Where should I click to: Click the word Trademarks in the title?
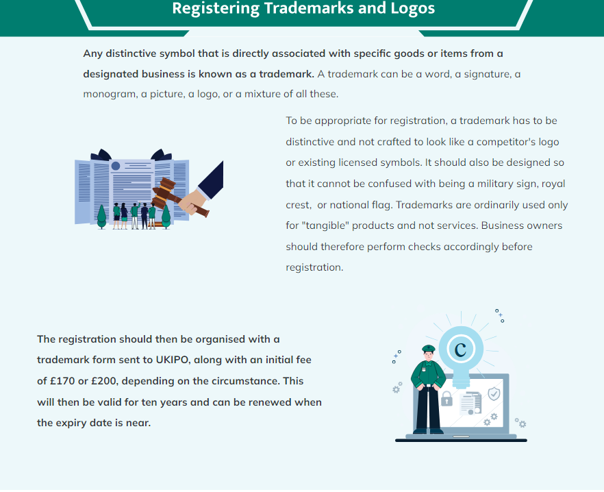coord(309,8)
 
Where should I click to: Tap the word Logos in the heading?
coord(412,8)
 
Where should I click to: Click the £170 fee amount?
coord(62,381)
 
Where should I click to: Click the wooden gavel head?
coord(163,192)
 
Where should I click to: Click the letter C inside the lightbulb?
coord(461,349)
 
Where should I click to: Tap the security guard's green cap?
coord(429,349)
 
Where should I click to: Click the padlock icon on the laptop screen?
coord(446,399)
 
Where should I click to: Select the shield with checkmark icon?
coord(494,394)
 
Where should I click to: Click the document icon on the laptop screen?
coord(470,404)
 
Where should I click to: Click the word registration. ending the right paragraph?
coord(314,268)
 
